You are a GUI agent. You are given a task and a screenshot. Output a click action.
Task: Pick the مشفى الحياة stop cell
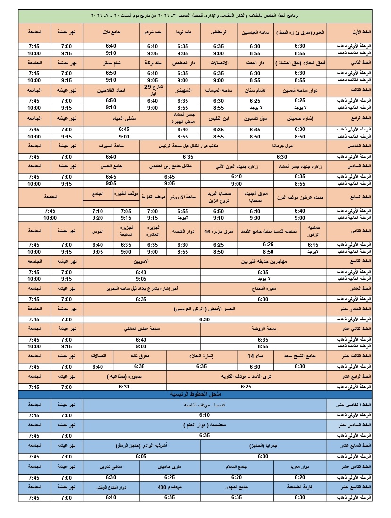[x=124, y=118]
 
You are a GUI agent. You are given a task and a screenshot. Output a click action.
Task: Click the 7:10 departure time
[x=98, y=211]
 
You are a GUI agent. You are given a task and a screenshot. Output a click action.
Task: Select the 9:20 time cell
[x=98, y=218]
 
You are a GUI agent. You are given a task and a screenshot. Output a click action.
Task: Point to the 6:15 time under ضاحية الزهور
[x=313, y=245]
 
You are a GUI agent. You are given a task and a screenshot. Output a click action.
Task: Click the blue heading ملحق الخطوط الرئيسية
[x=195, y=394]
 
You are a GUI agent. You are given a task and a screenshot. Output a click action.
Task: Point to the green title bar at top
[x=195, y=16]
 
